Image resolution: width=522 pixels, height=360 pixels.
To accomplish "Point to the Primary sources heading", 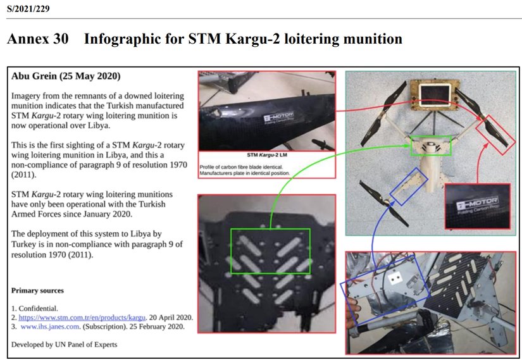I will (x=37, y=290).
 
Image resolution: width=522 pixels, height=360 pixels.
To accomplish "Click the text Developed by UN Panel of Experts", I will (x=64, y=344).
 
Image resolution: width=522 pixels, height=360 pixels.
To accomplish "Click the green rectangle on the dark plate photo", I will (x=270, y=251).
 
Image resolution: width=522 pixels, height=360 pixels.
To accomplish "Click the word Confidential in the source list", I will (x=37, y=308).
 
